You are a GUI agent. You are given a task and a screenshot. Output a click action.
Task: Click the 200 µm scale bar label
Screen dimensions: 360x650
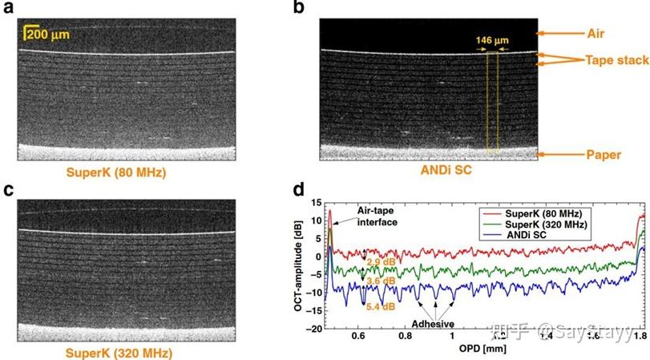coord(47,33)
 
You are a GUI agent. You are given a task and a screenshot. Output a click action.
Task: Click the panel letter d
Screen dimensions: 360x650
coord(300,191)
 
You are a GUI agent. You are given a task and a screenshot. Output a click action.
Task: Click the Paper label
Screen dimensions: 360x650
coord(602,154)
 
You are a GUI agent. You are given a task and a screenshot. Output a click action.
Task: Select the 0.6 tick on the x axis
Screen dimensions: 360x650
coord(359,338)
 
